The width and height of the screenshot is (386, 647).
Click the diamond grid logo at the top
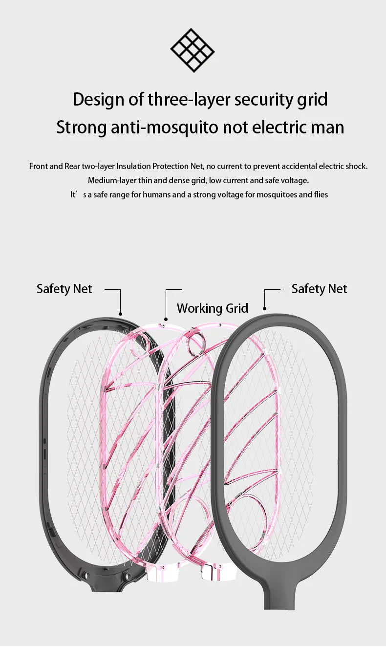point(193,50)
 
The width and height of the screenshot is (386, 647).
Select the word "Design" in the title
point(98,99)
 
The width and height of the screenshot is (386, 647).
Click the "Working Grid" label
point(212,308)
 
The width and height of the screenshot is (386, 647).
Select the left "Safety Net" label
point(64,289)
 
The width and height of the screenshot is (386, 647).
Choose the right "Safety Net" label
point(319,289)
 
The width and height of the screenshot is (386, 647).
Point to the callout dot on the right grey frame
point(264,309)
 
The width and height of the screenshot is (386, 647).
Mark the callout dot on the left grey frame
point(120,314)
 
